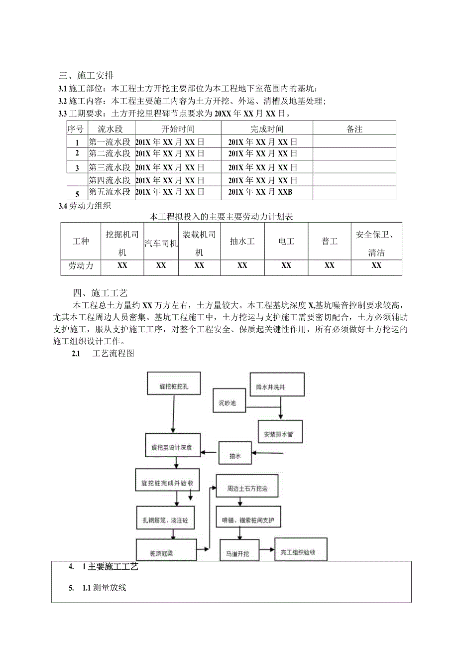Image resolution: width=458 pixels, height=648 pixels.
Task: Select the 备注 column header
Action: (x=354, y=129)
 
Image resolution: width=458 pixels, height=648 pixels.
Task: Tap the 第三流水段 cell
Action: (x=110, y=167)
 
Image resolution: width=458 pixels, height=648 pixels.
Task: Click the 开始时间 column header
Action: (x=178, y=129)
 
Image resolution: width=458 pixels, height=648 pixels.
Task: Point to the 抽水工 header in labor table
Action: (x=242, y=242)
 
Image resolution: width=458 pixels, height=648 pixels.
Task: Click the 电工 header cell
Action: (x=286, y=242)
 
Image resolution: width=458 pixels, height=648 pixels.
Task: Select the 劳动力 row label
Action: (x=81, y=265)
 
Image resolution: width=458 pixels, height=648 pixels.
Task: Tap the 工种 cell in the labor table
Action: (x=81, y=242)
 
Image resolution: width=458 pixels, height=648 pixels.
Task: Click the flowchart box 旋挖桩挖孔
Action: (x=174, y=386)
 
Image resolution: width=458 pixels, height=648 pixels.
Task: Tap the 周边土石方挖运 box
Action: (x=247, y=489)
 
